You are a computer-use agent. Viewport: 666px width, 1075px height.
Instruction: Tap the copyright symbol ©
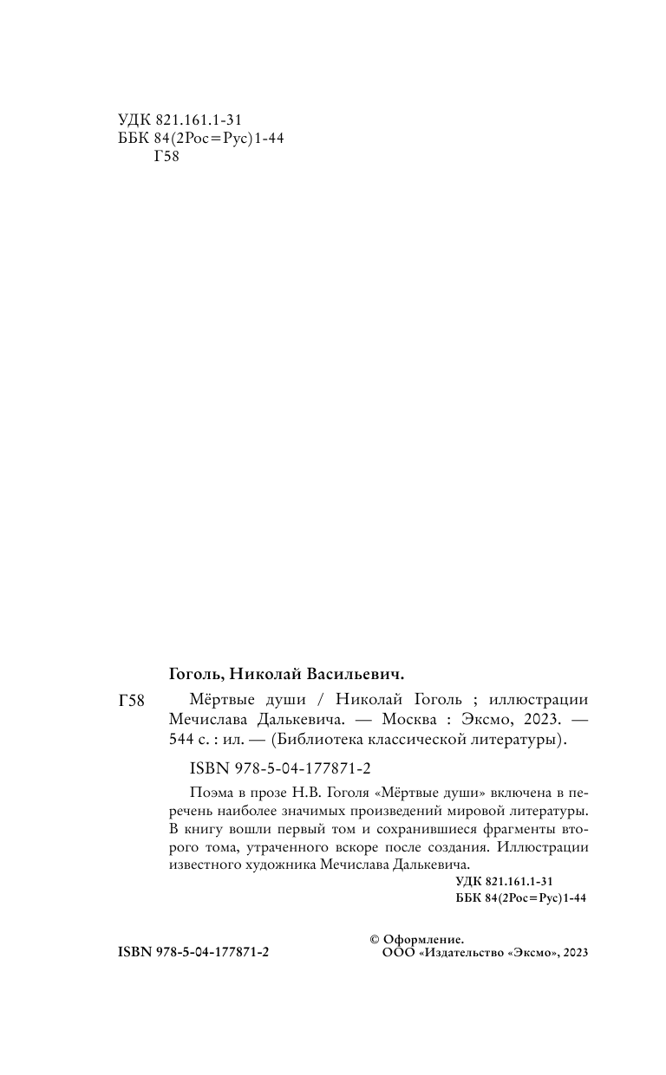point(375,939)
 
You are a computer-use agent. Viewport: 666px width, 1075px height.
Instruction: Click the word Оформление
point(424,939)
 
